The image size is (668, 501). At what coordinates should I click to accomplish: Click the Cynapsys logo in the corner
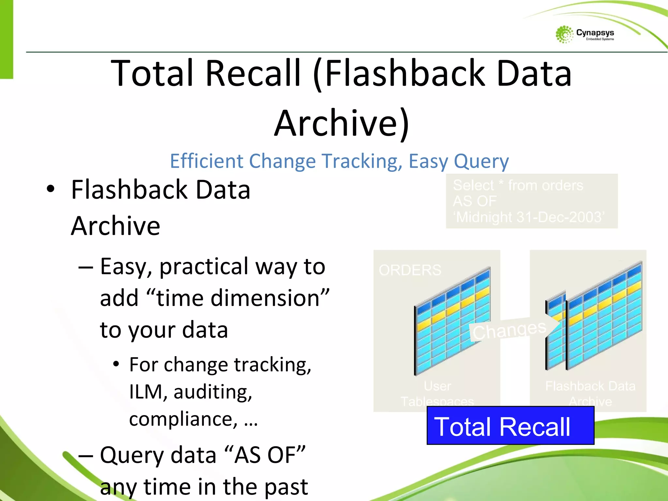click(x=584, y=34)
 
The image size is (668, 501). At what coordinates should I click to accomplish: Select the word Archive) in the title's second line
click(x=342, y=123)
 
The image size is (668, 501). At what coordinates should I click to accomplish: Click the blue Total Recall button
click(x=510, y=426)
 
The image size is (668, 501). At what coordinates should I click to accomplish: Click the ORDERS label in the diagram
click(x=410, y=270)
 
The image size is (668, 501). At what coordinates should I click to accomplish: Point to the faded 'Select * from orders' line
click(x=518, y=185)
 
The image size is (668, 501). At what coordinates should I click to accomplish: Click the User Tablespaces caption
click(x=437, y=394)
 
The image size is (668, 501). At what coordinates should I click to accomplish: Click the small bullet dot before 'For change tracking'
click(x=116, y=364)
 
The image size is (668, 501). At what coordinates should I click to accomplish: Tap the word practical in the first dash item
click(x=204, y=266)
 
